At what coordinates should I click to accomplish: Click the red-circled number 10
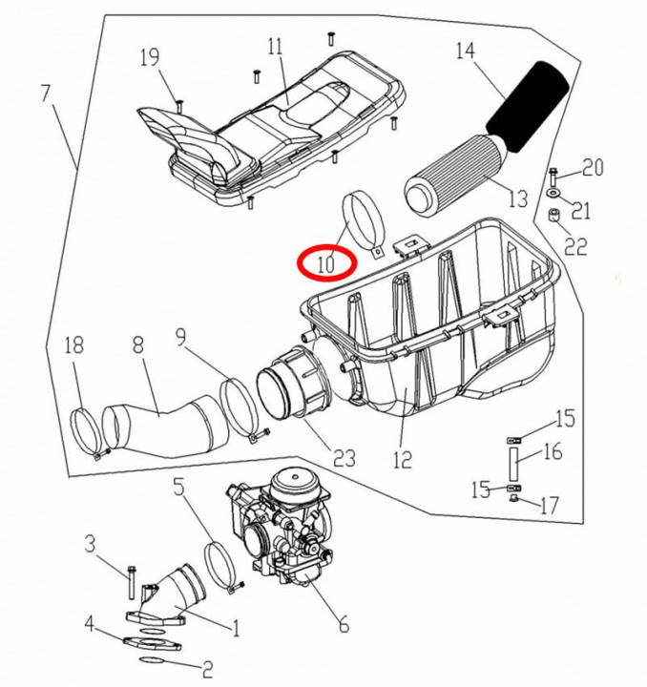coord(326,261)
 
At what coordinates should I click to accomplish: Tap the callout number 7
coord(45,94)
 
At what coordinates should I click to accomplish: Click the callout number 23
coord(344,458)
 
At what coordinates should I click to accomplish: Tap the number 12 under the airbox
coord(402,459)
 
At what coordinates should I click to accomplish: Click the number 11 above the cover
coord(276,46)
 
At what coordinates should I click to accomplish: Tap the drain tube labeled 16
coord(512,462)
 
